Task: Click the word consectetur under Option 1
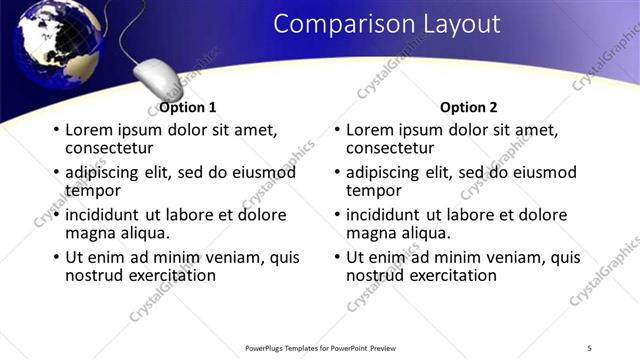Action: pyautogui.click(x=106, y=148)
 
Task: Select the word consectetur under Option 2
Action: pyautogui.click(x=387, y=148)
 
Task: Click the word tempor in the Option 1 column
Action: pyautogui.click(x=92, y=190)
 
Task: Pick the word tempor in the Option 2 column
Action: pyautogui.click(x=373, y=190)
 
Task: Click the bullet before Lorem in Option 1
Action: pyautogui.click(x=56, y=130)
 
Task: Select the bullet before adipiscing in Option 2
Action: pyautogui.click(x=337, y=173)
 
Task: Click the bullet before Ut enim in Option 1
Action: pyautogui.click(x=56, y=258)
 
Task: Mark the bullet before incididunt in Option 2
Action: pyautogui.click(x=337, y=215)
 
